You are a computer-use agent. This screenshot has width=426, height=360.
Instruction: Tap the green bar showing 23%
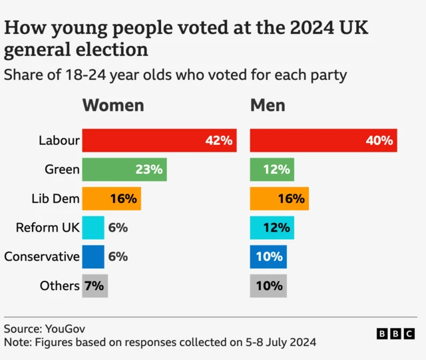(124, 170)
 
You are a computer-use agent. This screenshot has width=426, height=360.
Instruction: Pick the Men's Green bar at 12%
(272, 170)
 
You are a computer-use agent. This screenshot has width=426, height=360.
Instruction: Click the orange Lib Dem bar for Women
(111, 198)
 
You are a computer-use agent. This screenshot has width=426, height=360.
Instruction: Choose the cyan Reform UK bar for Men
(272, 228)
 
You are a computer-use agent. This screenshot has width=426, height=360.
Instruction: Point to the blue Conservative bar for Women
(93, 256)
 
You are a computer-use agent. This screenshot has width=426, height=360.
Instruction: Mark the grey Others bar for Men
(268, 285)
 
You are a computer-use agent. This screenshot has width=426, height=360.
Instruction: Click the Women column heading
(112, 105)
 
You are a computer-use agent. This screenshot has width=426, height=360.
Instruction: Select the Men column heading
(268, 105)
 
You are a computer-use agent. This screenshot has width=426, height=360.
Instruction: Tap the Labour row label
(59, 140)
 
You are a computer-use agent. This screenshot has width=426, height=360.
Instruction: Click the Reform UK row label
(47, 228)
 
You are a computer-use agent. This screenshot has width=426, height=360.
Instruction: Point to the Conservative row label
(42, 256)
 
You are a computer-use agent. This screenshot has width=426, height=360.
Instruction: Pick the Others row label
(59, 285)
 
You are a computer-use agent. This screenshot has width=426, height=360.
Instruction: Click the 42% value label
(218, 140)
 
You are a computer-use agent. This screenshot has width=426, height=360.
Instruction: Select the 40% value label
(379, 140)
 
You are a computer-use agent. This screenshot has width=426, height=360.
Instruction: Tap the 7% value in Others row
(94, 285)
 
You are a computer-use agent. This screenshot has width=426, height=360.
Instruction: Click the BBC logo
(396, 333)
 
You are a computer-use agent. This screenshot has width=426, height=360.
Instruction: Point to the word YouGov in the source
(65, 329)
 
